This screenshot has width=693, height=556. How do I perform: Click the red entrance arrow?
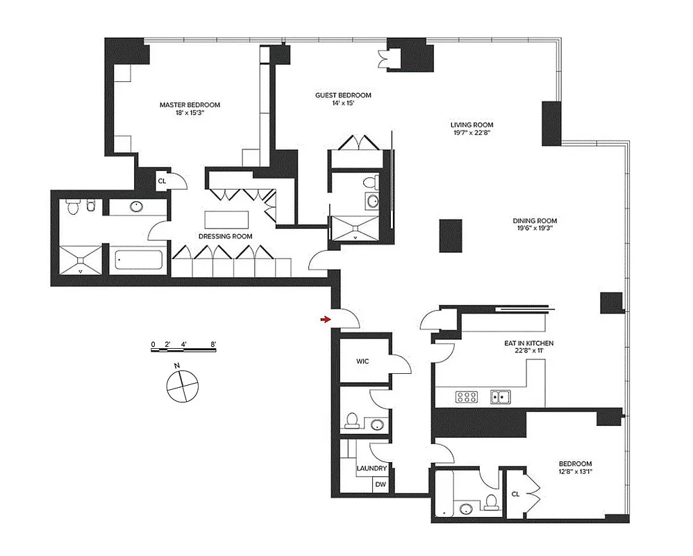324,319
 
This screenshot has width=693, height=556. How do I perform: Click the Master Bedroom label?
190,105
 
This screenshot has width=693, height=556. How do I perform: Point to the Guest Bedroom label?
343,95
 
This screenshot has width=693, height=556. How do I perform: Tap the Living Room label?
471,125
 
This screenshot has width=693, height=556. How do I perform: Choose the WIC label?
362,361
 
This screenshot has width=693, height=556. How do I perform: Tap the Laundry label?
371,468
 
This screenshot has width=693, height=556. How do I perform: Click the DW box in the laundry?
381,484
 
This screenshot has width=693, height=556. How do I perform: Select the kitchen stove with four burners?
467,398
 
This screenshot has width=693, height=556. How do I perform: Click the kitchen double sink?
501,398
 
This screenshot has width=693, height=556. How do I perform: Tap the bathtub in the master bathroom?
140,261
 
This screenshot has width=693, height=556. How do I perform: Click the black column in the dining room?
450,235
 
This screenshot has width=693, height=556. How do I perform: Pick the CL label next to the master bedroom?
162,181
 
